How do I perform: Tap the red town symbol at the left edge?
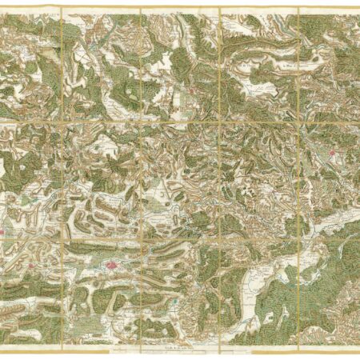pyautogui.click(x=2, y=232)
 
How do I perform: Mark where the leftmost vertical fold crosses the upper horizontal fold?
pyautogui.click(x=62, y=121)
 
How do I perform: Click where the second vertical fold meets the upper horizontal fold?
pyautogui.click(x=141, y=121)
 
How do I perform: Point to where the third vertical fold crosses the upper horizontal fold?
pyautogui.click(x=220, y=121)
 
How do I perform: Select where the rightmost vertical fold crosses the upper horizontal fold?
pyautogui.click(x=298, y=121)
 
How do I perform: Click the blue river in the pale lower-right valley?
pyautogui.click(x=264, y=276)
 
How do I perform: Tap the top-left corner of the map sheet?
pyautogui.click(x=2, y=8)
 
